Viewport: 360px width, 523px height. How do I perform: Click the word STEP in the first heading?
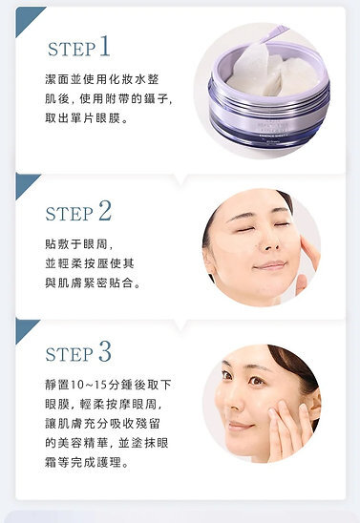70,50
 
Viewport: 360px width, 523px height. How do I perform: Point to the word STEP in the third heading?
70,354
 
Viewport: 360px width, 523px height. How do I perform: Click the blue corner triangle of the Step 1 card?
26,18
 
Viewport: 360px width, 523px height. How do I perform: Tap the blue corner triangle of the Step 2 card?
26,183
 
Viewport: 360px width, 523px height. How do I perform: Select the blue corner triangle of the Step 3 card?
26,328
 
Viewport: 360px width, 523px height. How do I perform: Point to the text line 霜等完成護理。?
93,463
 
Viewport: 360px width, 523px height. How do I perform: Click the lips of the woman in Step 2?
269,265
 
